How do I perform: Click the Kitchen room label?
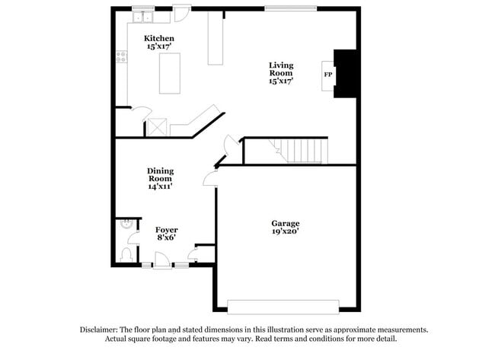pyautogui.click(x=159, y=38)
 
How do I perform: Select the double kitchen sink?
pyautogui.click(x=143, y=16)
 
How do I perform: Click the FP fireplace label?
pyautogui.click(x=328, y=75)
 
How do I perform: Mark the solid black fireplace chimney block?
pyautogui.click(x=346, y=74)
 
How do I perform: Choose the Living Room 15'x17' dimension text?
pyautogui.click(x=280, y=80)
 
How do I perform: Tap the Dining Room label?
pyautogui.click(x=160, y=175)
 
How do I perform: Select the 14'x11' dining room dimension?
pyautogui.click(x=160, y=186)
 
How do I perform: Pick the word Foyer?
pyautogui.click(x=167, y=229)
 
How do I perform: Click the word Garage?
pyautogui.click(x=286, y=223)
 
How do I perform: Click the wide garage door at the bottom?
pyautogui.click(x=283, y=306)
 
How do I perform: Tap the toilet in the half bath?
pyautogui.click(x=126, y=254)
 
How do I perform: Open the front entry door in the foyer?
pyautogui.click(x=162, y=264)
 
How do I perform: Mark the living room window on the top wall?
pyautogui.click(x=290, y=8)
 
